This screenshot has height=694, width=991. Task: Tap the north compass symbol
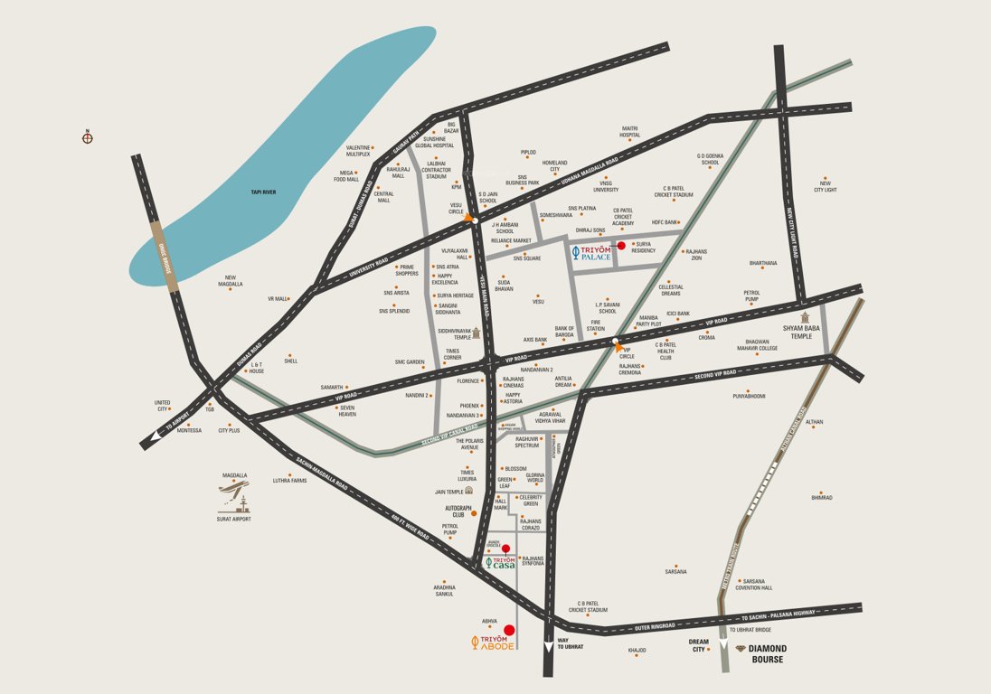(x=88, y=137)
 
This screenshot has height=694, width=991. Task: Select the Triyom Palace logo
(x=593, y=254)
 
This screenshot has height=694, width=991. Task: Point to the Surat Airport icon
(x=235, y=499)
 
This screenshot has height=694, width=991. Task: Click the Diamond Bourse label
(x=765, y=654)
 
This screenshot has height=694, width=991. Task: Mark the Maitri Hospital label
(x=629, y=131)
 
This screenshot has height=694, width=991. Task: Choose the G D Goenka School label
(x=714, y=159)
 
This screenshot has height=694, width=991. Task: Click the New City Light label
(x=825, y=186)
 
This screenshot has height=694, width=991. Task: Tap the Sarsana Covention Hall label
(x=754, y=585)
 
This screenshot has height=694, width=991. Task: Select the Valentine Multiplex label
(x=358, y=151)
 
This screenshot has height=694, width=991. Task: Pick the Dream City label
(x=697, y=646)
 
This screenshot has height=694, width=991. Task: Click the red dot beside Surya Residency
(x=621, y=245)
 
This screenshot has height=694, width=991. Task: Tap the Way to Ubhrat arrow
(x=548, y=647)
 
